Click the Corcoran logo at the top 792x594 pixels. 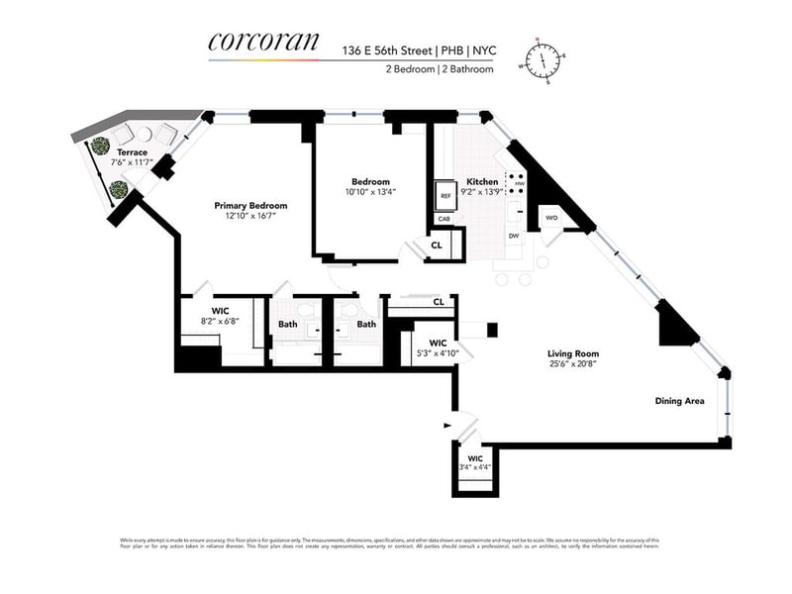tap(263, 43)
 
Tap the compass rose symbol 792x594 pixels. tap(542, 60)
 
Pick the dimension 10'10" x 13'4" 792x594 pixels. tap(371, 192)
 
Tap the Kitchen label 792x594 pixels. tap(482, 182)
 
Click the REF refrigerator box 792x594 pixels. tap(445, 196)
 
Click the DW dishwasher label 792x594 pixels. tap(514, 236)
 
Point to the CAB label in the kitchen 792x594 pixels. tap(444, 220)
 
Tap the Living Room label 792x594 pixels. tap(573, 353)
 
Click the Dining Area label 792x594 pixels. tap(679, 401)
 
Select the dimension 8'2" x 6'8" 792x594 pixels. tap(220, 322)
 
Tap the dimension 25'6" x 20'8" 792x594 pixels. tap(573, 364)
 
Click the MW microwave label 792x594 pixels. tap(518, 183)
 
